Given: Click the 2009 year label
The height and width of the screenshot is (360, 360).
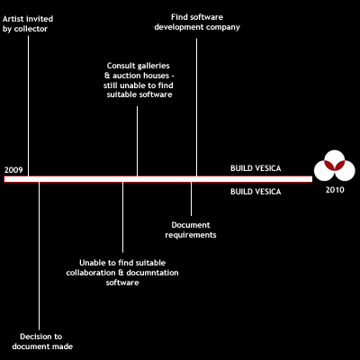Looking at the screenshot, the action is pos(13,170).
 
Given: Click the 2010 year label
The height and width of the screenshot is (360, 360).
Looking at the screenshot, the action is pos(335,190).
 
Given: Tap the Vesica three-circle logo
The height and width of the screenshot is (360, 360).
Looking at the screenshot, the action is pos(335,166).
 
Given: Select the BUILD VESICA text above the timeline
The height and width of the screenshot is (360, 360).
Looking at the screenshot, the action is pos(256,168).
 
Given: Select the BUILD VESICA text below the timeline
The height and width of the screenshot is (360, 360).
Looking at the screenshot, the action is pos(256,192).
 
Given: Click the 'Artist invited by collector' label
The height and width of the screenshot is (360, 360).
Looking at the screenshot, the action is pos(28,24).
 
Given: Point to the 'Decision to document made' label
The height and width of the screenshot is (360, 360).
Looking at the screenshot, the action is pos(42,341).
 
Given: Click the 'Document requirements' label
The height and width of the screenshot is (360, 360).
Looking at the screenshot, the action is pos(191,229).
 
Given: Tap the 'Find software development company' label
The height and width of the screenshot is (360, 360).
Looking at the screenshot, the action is pos(197,22).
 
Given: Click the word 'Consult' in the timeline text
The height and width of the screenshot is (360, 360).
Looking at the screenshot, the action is pos(120,66).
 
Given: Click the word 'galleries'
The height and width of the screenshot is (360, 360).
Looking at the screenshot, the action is pos(153,66).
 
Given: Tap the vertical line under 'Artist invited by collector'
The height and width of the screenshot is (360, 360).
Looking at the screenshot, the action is pos(29,106).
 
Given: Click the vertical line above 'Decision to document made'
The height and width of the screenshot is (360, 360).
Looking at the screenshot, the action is pos(39,256).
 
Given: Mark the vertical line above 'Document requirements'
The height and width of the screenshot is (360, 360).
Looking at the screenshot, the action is pos(191,199).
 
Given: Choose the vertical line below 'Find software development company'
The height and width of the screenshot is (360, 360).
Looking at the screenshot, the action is pos(196,107).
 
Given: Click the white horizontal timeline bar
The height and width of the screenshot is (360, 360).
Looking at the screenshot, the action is pos(158,179).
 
